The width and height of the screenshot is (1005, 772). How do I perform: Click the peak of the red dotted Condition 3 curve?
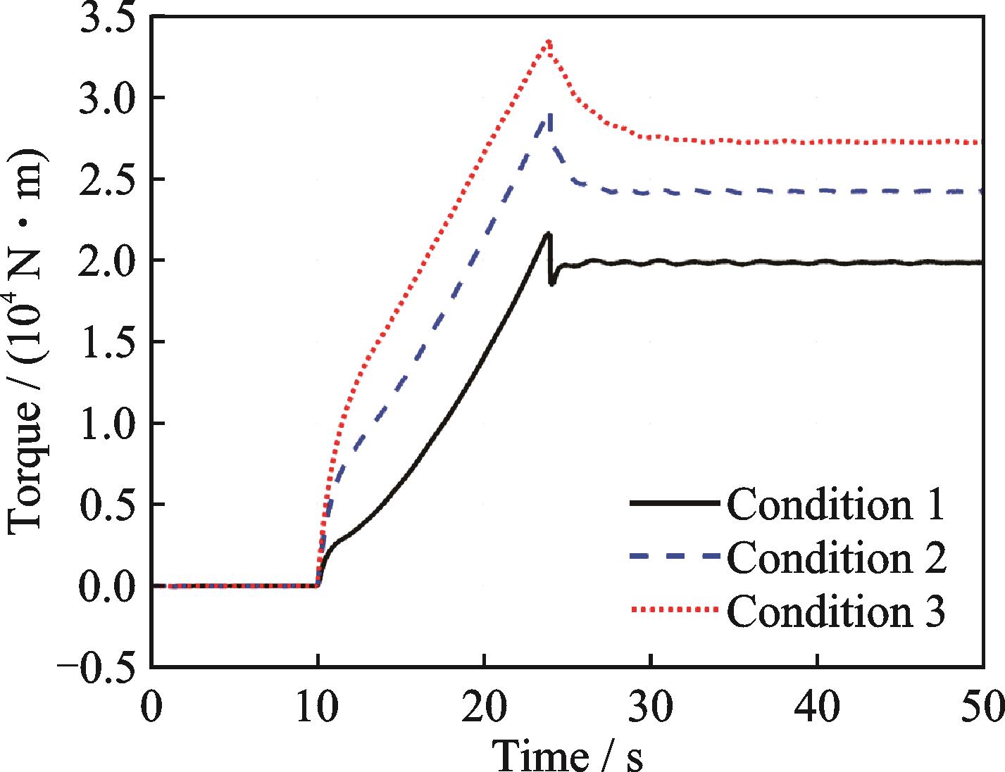[x=549, y=42]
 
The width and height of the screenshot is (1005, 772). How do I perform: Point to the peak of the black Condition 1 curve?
[x=548, y=234]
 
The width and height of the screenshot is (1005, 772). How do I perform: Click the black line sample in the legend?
[x=675, y=504]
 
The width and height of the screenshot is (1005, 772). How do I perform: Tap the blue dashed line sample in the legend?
[x=675, y=557]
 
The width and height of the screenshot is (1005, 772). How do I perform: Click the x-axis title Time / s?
[x=567, y=754]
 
